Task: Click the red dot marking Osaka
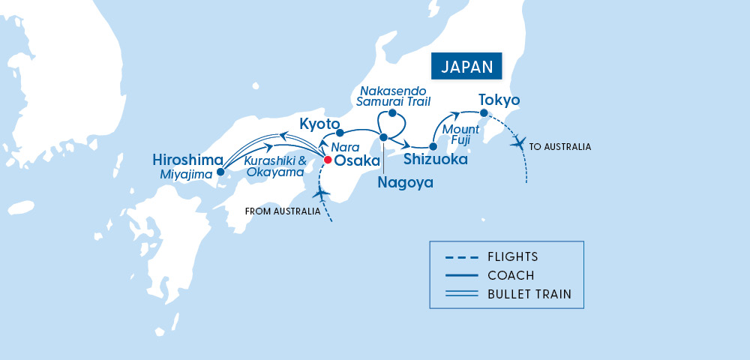point(327,160)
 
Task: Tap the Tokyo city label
point(499,100)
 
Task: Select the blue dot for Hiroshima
point(220,172)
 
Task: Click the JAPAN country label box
point(466,66)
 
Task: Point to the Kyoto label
point(320,124)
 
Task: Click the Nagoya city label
point(405,181)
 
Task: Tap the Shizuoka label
point(436,159)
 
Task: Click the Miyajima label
point(187,174)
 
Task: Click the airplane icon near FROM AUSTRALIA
point(322,194)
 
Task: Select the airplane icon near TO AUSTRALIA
point(517,142)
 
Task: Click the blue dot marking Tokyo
point(484,113)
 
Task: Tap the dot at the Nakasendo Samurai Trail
point(392,113)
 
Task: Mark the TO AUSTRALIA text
point(559,147)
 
